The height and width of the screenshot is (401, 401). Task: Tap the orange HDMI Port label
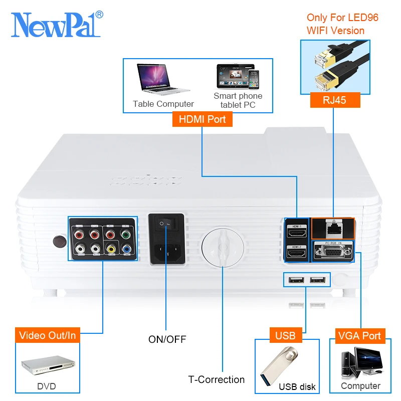202,119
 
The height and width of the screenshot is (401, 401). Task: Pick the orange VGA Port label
359,335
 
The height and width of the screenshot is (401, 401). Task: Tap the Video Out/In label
48,335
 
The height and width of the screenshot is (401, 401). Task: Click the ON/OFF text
167,339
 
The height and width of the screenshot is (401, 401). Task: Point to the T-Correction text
217,379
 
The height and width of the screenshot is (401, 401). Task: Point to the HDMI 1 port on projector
297,232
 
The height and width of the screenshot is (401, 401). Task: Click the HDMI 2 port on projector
297,252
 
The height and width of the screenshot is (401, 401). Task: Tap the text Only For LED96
342,18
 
